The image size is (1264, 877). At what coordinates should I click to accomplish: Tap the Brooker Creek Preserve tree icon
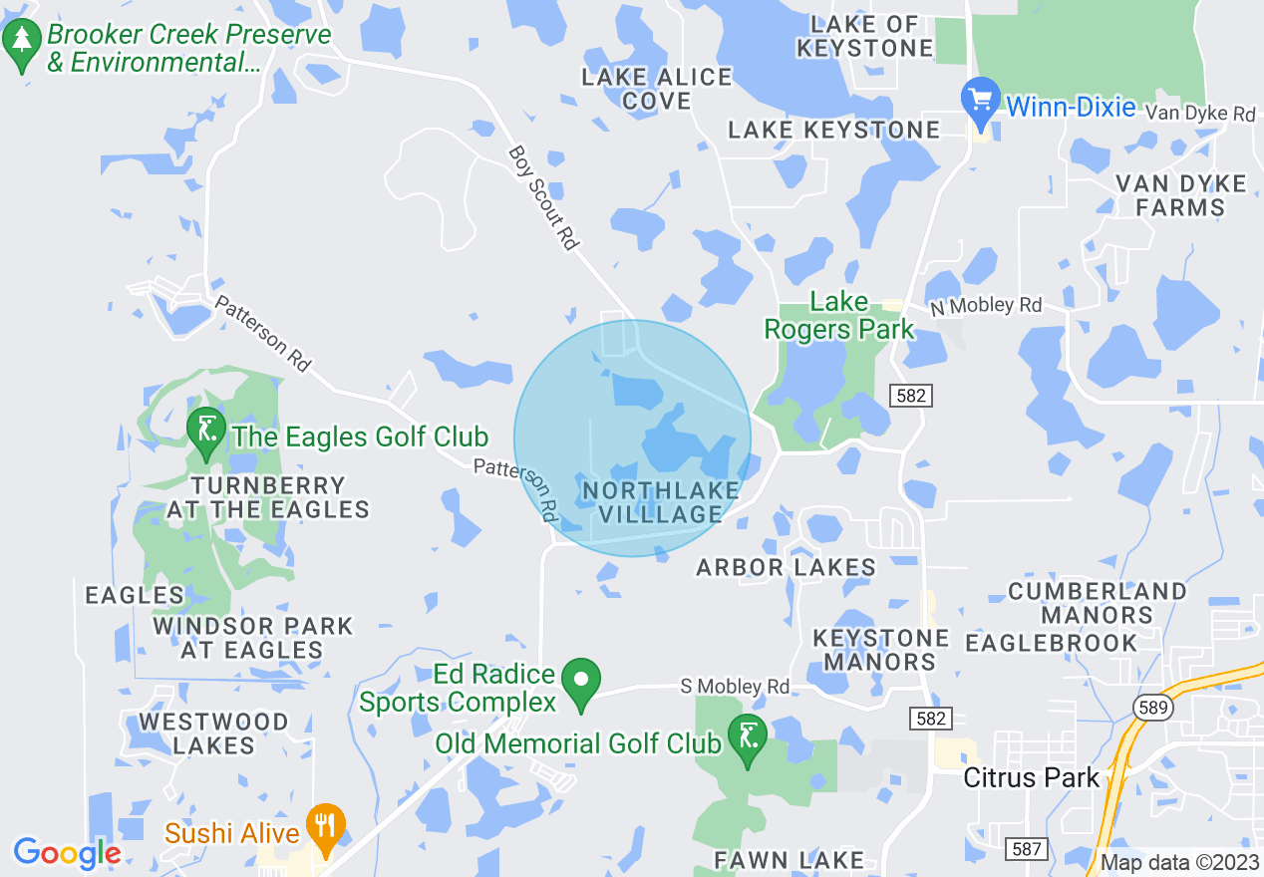point(21,44)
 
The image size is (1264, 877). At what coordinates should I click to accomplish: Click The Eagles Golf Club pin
point(206,432)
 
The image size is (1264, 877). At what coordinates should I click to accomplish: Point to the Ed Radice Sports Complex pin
point(581,682)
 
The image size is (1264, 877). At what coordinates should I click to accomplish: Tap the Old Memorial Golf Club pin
point(748,738)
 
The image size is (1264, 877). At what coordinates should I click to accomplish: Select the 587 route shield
point(1027,849)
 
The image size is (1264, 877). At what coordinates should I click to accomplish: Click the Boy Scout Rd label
point(544,197)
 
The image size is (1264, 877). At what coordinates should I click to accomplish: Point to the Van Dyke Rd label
point(1200,115)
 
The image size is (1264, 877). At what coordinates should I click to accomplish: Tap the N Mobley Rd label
point(986,306)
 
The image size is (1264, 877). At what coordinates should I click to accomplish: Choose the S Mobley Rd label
point(735,687)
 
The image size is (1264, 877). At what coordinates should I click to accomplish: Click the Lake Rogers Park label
point(838,316)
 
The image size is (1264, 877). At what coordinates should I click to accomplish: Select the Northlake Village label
point(661,502)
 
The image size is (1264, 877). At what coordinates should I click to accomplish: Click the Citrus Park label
point(1031,777)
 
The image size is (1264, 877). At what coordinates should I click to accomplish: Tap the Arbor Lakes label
point(786,568)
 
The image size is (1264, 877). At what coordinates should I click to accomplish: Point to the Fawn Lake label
point(789,859)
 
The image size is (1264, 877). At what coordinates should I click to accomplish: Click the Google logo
point(67,854)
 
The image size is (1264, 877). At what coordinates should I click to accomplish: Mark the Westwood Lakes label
point(214,732)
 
